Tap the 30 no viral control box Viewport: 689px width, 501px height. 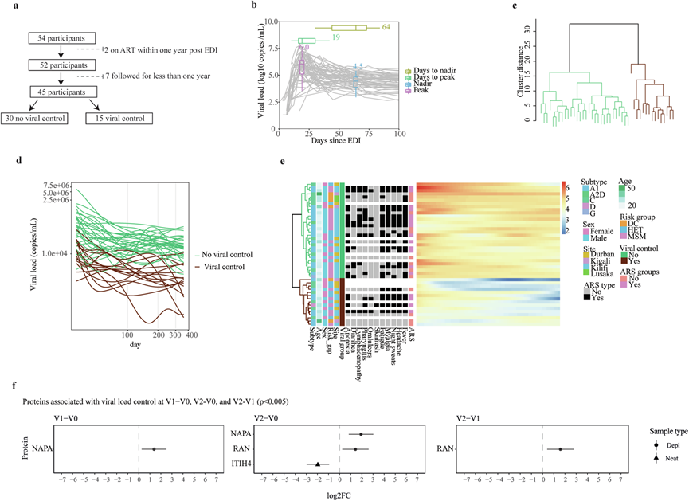pyautogui.click(x=38, y=119)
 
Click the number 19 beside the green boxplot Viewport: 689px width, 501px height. pyautogui.click(x=337, y=38)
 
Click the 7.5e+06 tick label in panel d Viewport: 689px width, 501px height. pyautogui.click(x=57, y=186)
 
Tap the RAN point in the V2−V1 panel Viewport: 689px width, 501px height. pyautogui.click(x=561, y=448)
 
